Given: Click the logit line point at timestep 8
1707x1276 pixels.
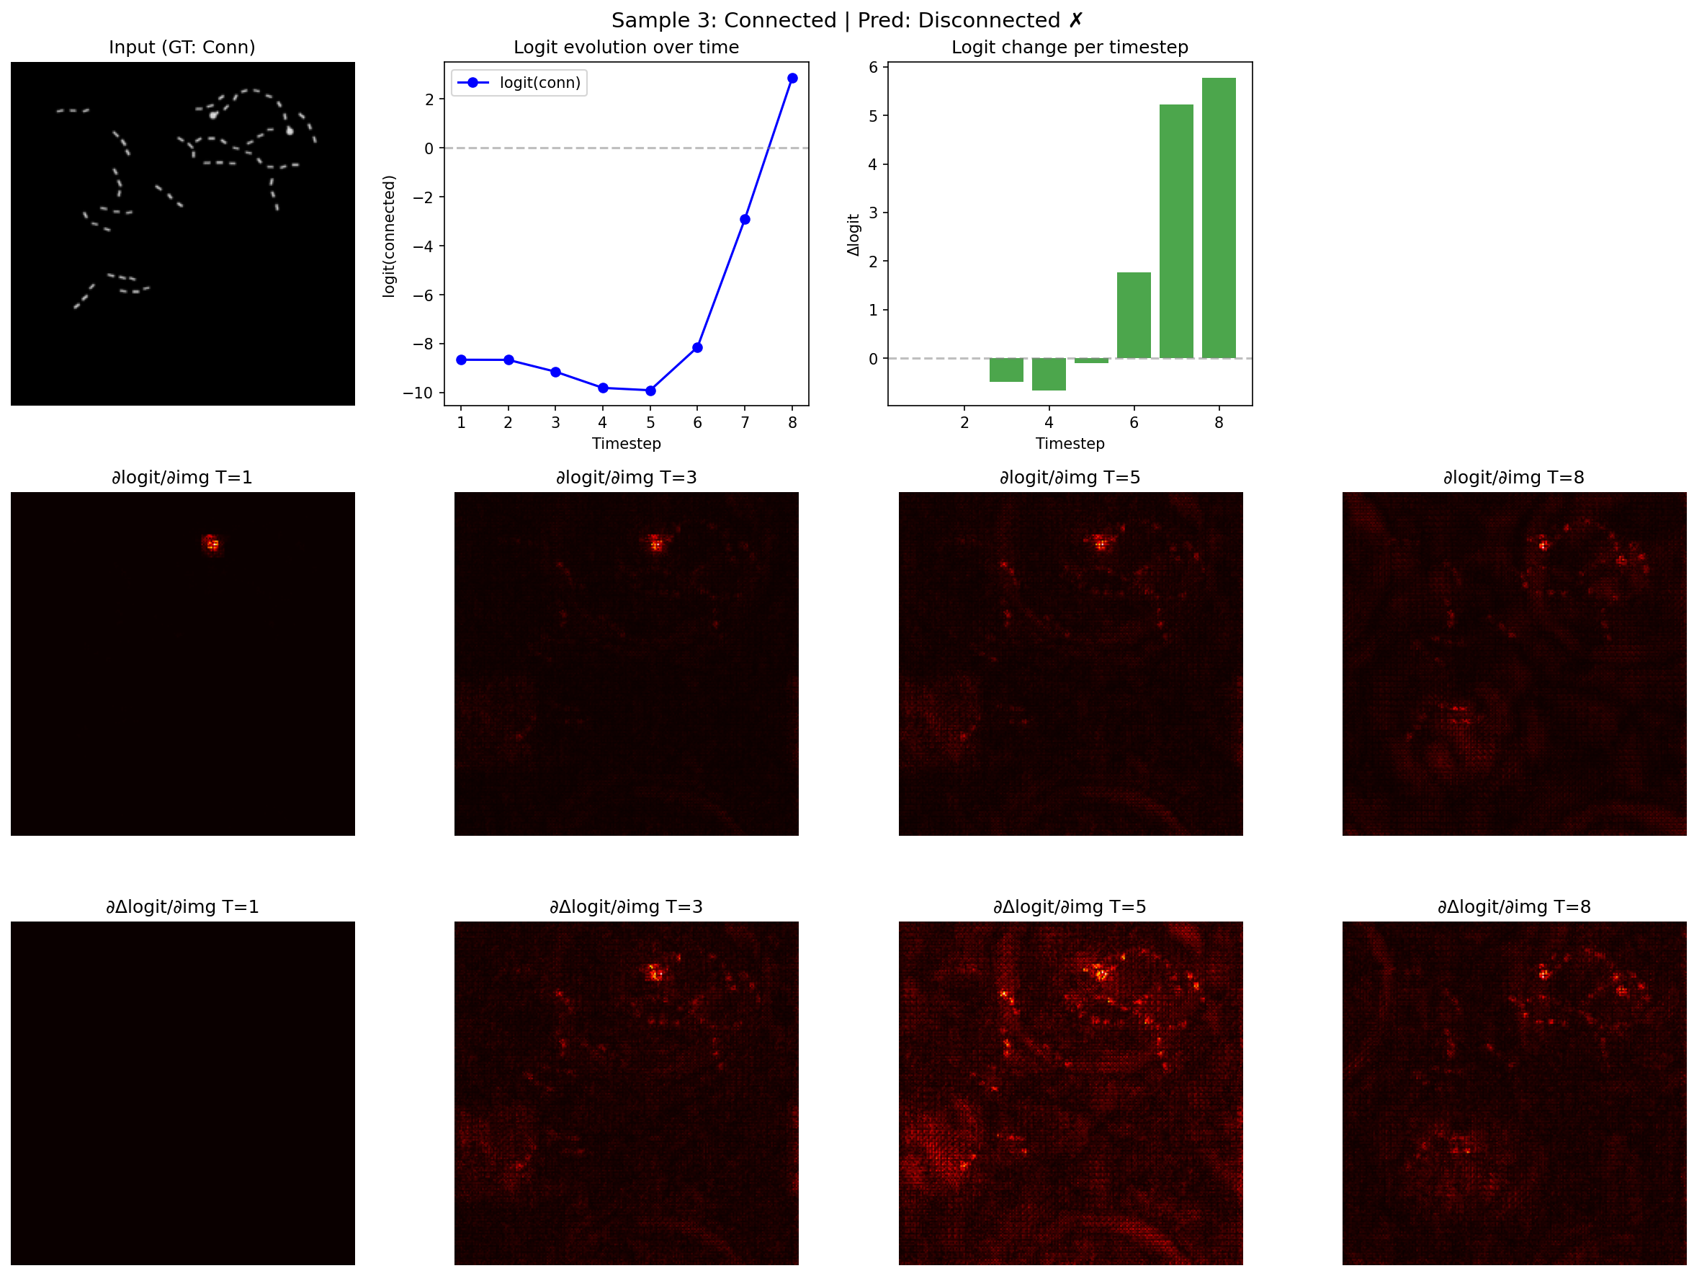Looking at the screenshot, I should pyautogui.click(x=792, y=78).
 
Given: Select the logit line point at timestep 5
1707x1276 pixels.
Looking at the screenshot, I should pyautogui.click(x=650, y=391).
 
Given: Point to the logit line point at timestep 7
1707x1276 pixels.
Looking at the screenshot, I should pyautogui.click(x=745, y=219).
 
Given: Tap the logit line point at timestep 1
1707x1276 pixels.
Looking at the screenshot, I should pyautogui.click(x=461, y=360).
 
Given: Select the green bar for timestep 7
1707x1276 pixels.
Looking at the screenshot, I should pyautogui.click(x=1176, y=231).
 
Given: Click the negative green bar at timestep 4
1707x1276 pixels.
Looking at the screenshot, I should pyautogui.click(x=1049, y=375).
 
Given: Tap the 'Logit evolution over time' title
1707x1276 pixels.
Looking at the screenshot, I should pyautogui.click(x=626, y=47).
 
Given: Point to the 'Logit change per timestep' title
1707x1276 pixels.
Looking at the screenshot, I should pyautogui.click(x=1070, y=47).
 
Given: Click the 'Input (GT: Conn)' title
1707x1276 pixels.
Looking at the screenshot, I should pyautogui.click(x=182, y=47).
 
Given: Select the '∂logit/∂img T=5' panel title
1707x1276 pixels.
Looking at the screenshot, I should pyautogui.click(x=1070, y=477).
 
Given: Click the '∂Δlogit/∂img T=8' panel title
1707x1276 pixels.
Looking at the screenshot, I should pyautogui.click(x=1513, y=906).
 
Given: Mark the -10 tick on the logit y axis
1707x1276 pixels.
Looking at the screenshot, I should pyautogui.click(x=418, y=393).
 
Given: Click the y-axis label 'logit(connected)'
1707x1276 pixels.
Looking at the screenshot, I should pyautogui.click(x=389, y=236).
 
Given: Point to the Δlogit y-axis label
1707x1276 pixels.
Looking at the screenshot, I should pyautogui.click(x=853, y=235).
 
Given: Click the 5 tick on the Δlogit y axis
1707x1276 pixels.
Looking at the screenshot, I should pyautogui.click(x=873, y=116).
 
